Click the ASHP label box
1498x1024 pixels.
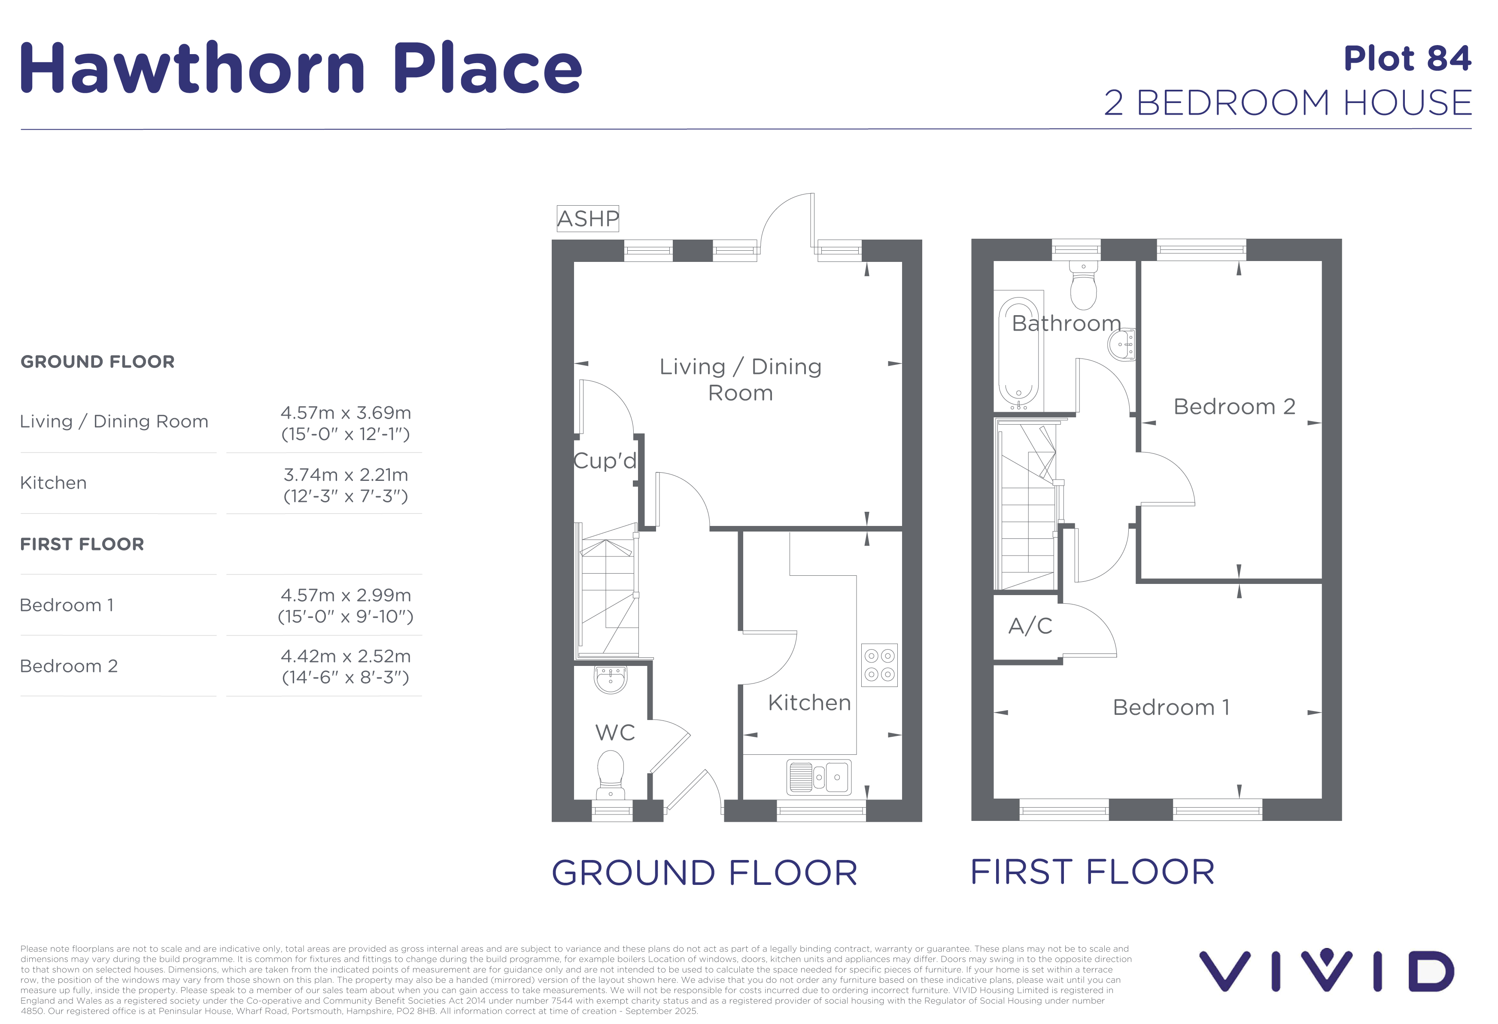[587, 219]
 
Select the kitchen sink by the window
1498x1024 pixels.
[819, 777]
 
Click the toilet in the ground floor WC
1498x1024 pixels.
[611, 775]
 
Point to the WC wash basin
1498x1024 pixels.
[610, 679]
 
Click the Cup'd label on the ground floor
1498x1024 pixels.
[605, 460]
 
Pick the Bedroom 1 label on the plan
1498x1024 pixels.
[1171, 708]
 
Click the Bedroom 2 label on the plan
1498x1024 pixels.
[1234, 407]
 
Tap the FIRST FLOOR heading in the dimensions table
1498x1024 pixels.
[82, 544]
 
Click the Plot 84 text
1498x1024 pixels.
[1407, 59]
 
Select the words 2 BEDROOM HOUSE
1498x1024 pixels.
[1288, 103]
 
